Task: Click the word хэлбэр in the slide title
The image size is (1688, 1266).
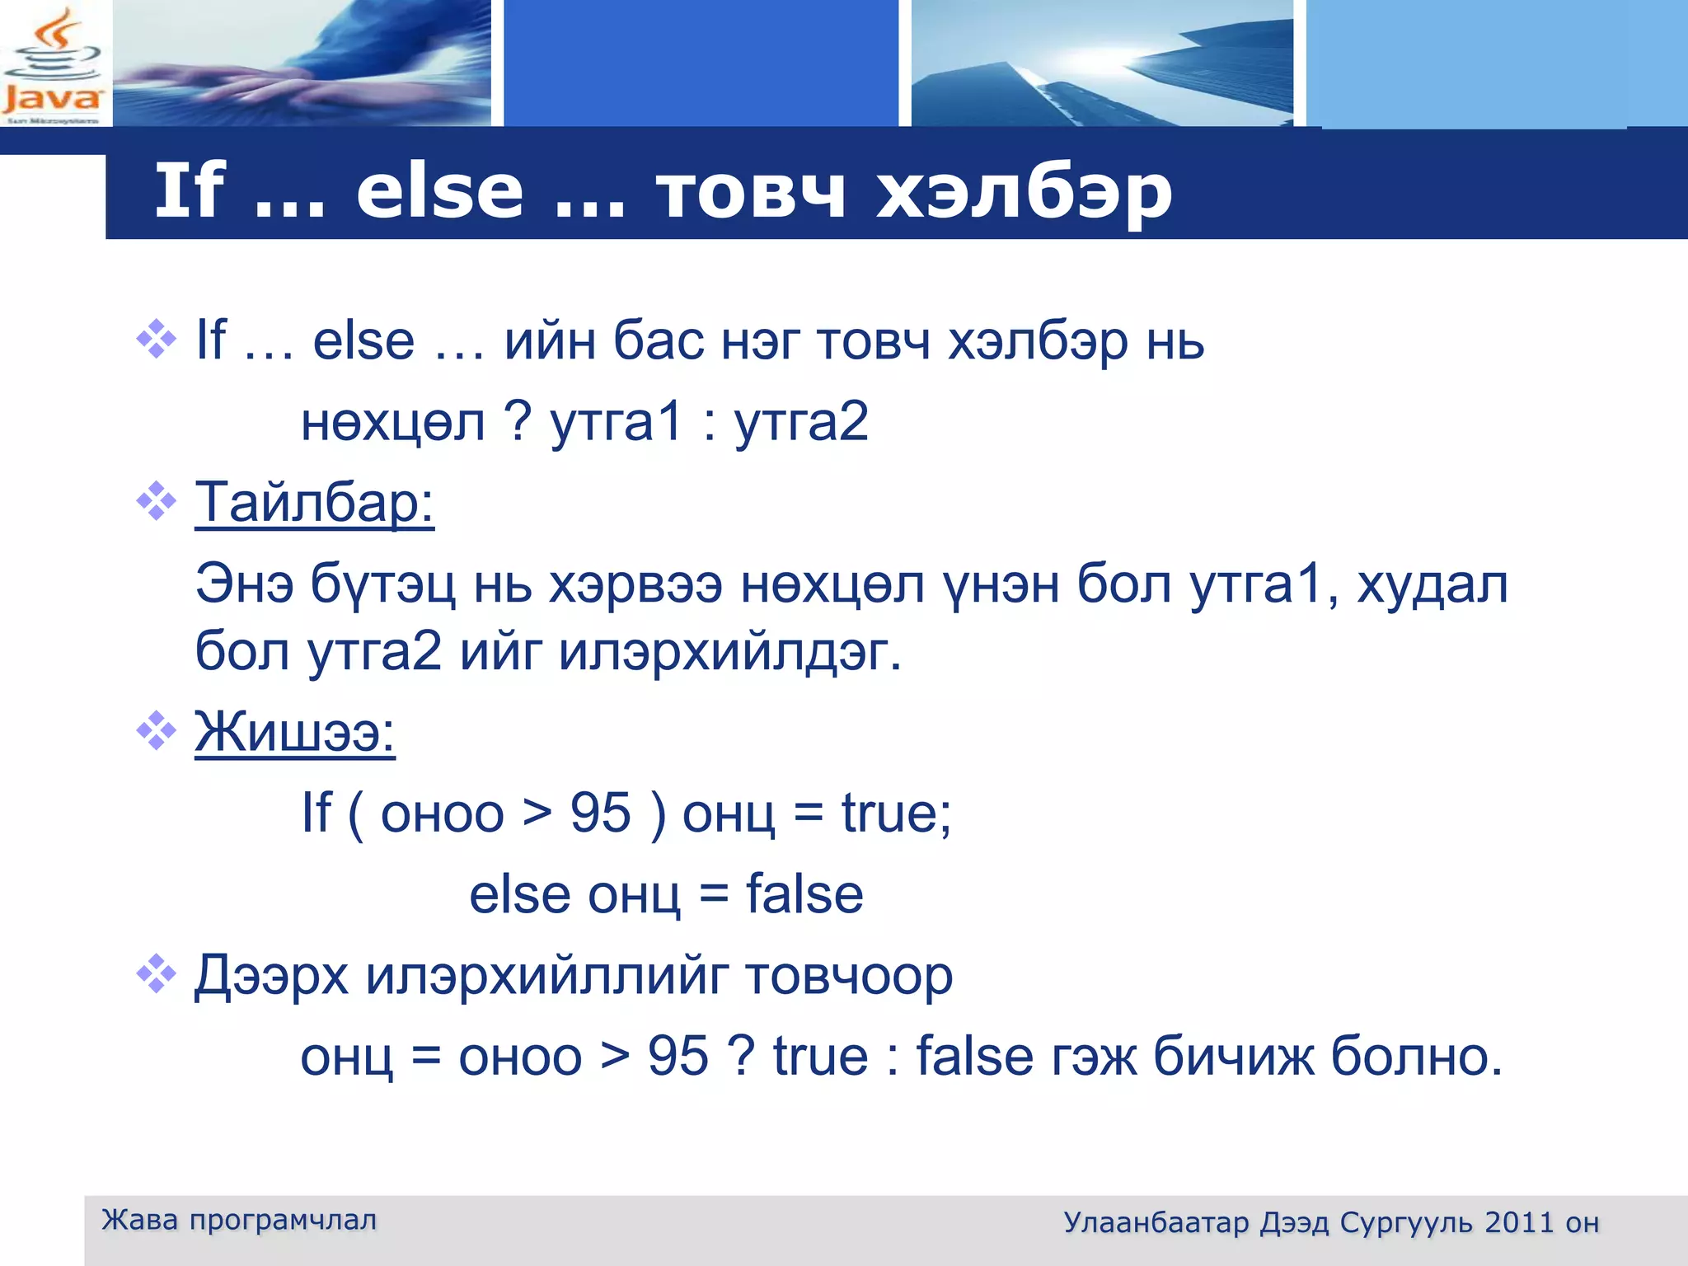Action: coord(1023,192)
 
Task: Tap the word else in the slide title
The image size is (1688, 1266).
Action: coord(439,192)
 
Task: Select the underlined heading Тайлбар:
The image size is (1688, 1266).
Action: coord(314,502)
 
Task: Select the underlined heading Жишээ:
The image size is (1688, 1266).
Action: coord(294,731)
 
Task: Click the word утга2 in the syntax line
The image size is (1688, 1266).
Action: coord(800,422)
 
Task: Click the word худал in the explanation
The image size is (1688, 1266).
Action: coord(1432,584)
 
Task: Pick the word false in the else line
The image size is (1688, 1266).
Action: coord(804,894)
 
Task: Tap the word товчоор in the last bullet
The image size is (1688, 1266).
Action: coord(849,976)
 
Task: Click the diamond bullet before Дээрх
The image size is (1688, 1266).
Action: coord(157,975)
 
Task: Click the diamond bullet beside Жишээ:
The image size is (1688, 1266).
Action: coord(157,730)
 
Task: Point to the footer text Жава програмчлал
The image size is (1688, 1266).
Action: coord(239,1220)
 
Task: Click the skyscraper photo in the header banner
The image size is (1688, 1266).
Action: coord(1101,64)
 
